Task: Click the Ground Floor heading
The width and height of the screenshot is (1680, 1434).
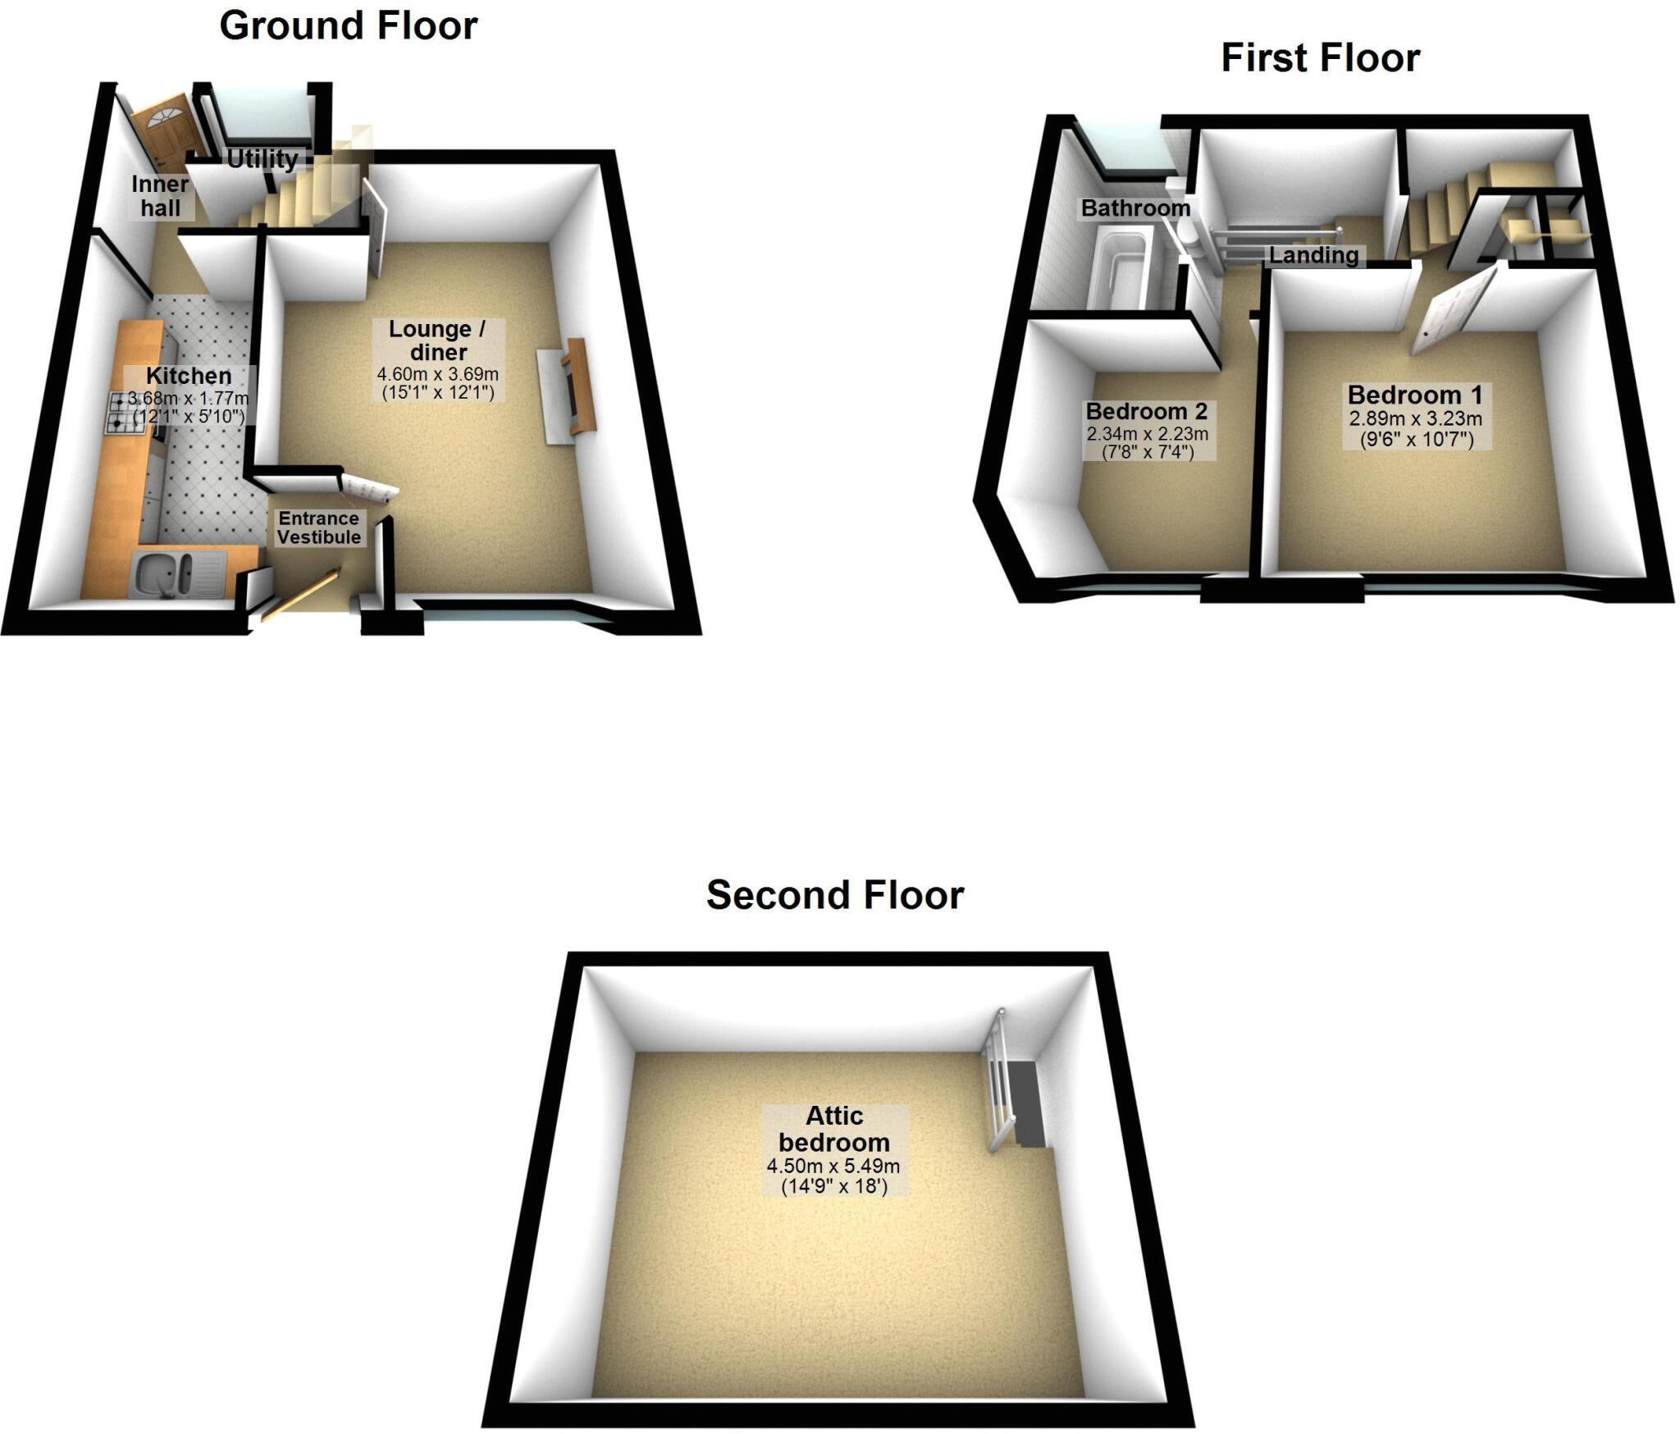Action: [348, 25]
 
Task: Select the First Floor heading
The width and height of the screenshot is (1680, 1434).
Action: [1320, 58]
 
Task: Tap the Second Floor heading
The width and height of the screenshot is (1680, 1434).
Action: [834, 895]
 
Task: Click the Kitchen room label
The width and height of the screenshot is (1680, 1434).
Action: [189, 376]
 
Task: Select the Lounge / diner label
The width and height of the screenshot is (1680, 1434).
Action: [437, 340]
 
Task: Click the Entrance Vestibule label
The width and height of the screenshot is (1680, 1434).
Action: [318, 527]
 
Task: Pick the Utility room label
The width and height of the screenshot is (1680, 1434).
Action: [262, 158]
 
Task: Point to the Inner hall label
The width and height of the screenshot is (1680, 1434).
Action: [160, 196]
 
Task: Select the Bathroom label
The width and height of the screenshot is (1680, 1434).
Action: [1134, 208]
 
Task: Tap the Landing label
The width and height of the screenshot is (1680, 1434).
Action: [1313, 255]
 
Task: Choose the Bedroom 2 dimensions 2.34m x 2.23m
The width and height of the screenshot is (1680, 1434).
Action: [1147, 434]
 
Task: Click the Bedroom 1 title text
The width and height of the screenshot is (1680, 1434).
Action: [1415, 395]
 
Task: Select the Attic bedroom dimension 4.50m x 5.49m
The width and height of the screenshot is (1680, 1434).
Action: [833, 1166]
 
